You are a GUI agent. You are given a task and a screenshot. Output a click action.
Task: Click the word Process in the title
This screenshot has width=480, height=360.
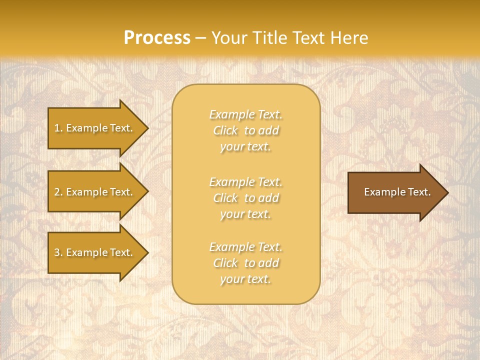[x=157, y=38]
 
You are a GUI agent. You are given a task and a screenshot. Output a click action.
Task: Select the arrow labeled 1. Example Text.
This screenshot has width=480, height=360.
[x=95, y=128]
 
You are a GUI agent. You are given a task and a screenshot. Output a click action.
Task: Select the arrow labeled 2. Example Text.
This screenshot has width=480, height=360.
[x=95, y=192]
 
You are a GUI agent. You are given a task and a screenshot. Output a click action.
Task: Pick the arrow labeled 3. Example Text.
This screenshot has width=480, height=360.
[x=95, y=252]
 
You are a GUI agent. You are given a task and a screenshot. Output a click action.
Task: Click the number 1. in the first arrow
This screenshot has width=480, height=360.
[x=58, y=128]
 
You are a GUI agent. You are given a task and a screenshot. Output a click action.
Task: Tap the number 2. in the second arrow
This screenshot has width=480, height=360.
[x=58, y=192]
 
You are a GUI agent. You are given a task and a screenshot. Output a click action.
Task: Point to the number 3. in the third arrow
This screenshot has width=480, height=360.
[x=58, y=252]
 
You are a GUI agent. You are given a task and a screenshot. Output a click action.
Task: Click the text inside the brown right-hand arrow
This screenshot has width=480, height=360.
[x=397, y=192]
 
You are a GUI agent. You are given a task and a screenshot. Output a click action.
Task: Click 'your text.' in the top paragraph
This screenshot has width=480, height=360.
[x=245, y=147]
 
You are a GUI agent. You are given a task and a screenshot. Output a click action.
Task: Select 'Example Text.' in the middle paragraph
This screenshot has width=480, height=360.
[x=245, y=181]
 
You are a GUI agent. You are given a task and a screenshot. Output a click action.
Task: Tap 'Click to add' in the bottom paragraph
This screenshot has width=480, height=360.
[x=245, y=263]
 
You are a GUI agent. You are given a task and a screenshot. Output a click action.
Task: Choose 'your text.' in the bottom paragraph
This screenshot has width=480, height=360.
[x=245, y=279]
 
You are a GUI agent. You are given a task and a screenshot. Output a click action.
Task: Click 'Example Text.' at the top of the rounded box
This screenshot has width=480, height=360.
[x=245, y=114]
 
